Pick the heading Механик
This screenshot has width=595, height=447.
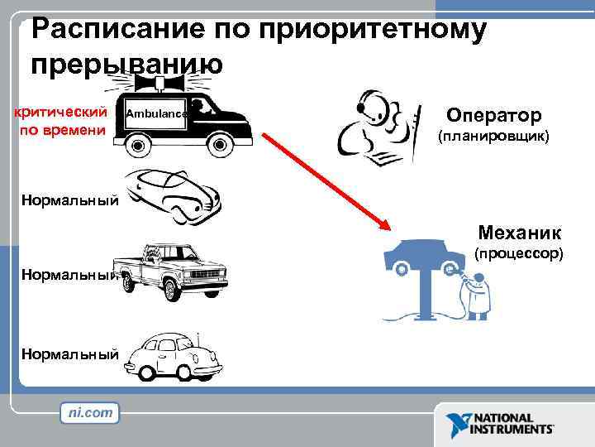coord(519,233)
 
